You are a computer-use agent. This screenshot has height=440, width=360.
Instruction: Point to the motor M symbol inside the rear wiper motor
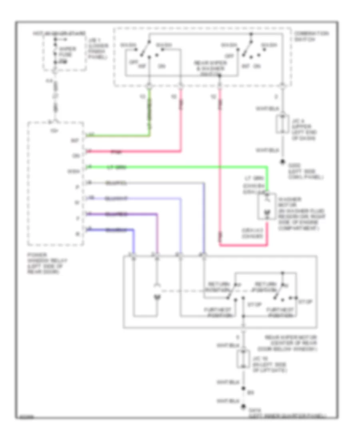tap(157, 298)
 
